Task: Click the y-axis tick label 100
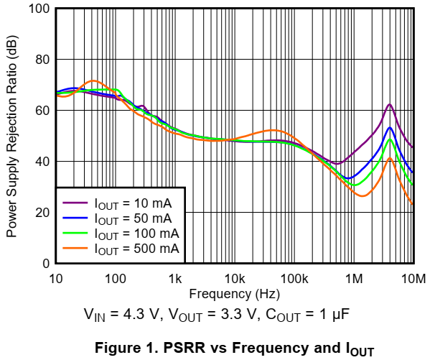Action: tap(38, 9)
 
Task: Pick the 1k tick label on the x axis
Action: tap(175, 278)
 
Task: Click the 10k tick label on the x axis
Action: tap(235, 278)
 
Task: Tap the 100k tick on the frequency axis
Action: tap(294, 278)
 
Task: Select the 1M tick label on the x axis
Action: tap(354, 278)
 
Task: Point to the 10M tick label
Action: tap(413, 278)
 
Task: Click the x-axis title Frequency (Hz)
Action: tap(235, 293)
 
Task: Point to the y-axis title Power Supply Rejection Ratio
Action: tap(12, 137)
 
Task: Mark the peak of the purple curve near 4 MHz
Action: tap(389, 104)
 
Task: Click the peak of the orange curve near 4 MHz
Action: tap(389, 158)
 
